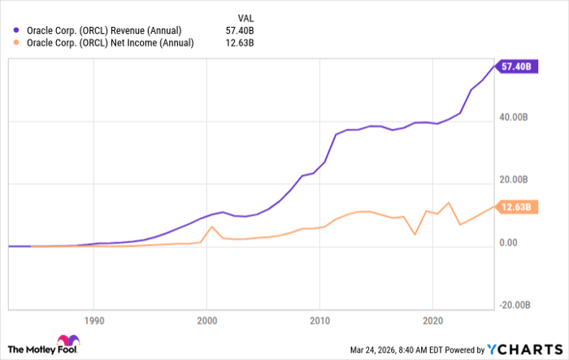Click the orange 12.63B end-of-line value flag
515,207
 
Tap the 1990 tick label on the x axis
93,320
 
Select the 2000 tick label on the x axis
206,320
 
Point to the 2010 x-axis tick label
320,320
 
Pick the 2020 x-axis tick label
433,320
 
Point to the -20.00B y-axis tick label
515,305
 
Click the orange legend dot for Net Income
18,44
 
